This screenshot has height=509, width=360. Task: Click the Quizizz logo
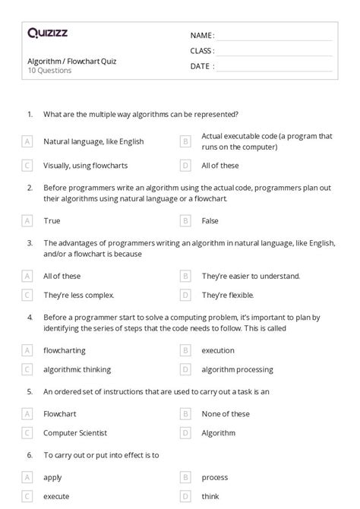click(46, 33)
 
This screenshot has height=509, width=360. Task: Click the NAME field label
click(202, 36)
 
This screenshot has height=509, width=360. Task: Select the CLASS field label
click(202, 51)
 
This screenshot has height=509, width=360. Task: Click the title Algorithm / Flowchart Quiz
click(71, 61)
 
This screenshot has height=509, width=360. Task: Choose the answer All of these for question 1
click(220, 165)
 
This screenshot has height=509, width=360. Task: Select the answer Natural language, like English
click(93, 141)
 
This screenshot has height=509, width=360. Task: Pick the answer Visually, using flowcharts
click(85, 165)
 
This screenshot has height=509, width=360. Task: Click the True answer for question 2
click(52, 220)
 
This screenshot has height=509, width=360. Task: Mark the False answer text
click(210, 220)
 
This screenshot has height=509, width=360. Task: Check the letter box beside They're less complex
click(27, 295)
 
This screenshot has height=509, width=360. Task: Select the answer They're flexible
click(228, 295)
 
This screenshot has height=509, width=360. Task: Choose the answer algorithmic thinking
click(77, 369)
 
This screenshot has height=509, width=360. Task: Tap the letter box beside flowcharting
click(27, 350)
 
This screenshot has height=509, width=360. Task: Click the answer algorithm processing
click(237, 369)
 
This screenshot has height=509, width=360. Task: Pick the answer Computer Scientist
click(75, 433)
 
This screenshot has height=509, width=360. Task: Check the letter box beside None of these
click(185, 414)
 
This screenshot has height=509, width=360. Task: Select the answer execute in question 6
click(56, 495)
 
